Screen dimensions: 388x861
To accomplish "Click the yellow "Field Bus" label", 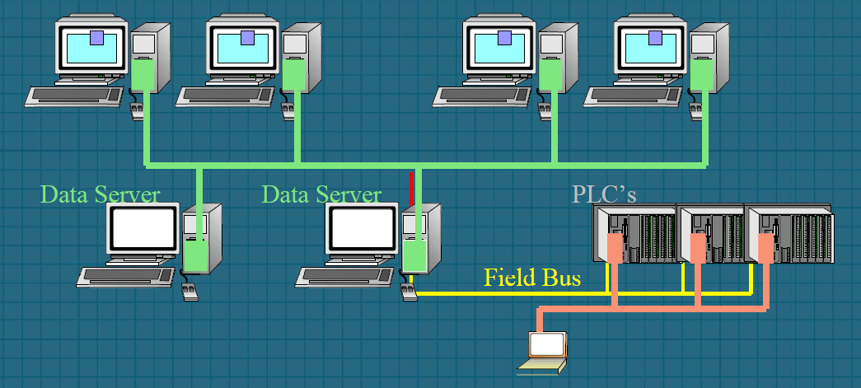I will point(531,278).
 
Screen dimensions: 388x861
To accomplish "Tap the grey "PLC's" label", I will point(604,194).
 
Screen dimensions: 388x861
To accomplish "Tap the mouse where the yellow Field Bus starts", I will point(409,292).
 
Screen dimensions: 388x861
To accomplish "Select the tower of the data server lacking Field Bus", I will point(202,239).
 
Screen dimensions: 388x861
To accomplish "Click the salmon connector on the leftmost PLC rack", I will point(614,246).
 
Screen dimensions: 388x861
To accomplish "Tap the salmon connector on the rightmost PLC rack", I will point(767,246).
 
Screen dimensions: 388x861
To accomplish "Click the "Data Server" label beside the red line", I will point(321,194).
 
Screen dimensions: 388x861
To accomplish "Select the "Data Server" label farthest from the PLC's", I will point(100,194).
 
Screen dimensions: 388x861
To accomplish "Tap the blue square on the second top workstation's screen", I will point(247,38).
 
